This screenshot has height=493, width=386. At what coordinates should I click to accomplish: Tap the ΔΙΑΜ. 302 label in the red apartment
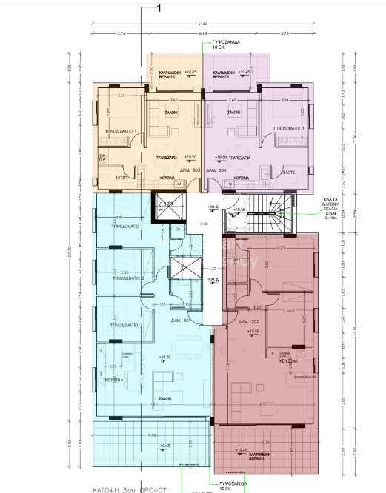point(244,323)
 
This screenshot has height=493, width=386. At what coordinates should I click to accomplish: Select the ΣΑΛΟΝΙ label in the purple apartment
point(233,112)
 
